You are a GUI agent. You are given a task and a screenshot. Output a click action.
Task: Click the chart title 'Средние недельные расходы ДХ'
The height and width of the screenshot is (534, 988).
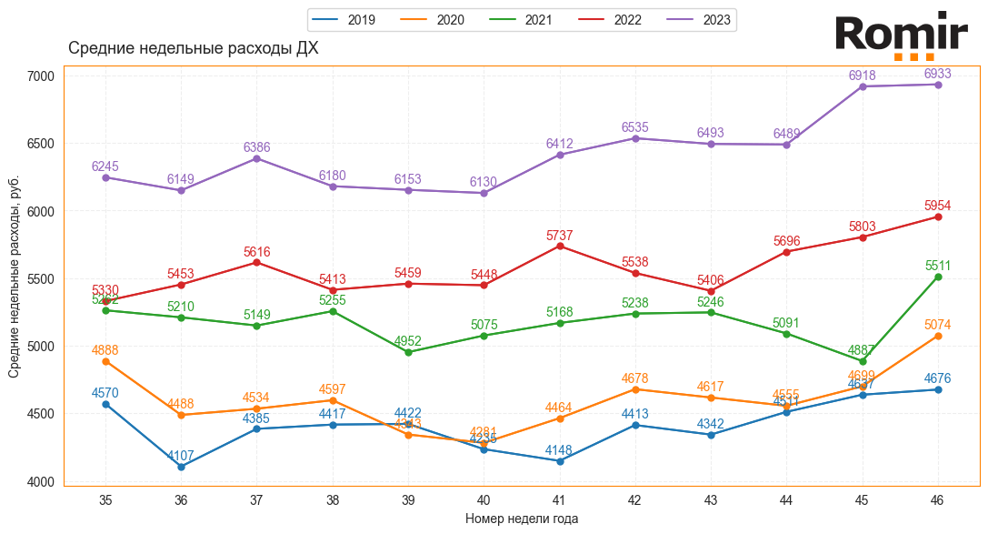pos(194,49)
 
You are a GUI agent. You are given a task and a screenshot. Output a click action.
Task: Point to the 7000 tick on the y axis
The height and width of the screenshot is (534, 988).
pos(41,76)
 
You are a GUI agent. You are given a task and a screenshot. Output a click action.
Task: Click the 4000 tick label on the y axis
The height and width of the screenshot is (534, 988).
pos(41,481)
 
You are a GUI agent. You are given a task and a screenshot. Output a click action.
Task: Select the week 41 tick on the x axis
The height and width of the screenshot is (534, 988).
pos(560,499)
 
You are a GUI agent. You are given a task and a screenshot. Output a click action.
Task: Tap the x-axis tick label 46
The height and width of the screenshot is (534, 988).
pos(938,499)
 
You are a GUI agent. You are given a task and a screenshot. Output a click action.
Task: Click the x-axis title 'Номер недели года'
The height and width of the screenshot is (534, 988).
pos(522,519)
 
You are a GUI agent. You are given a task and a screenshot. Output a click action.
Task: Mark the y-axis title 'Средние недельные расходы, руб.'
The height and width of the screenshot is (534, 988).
pos(15,278)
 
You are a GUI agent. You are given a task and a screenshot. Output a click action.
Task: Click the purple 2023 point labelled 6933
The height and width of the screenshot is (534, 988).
pos(938,85)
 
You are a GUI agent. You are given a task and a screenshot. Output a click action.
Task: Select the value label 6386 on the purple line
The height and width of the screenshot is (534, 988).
pos(257,147)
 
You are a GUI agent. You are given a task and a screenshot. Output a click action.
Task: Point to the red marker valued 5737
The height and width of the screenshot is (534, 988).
pos(560,247)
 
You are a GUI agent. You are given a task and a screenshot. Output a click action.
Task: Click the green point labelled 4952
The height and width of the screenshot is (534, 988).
pos(408,352)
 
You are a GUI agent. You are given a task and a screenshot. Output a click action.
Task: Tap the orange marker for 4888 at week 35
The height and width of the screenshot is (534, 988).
pos(106,361)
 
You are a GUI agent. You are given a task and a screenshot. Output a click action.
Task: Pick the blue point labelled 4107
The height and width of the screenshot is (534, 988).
pos(182,467)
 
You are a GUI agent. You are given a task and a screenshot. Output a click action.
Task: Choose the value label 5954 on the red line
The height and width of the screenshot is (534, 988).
pos(938,206)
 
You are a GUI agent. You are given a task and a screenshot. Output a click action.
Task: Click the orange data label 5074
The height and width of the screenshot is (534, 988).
pos(938,325)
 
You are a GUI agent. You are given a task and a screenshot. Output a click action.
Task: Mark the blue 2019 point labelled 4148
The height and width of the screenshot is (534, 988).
pos(560,461)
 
